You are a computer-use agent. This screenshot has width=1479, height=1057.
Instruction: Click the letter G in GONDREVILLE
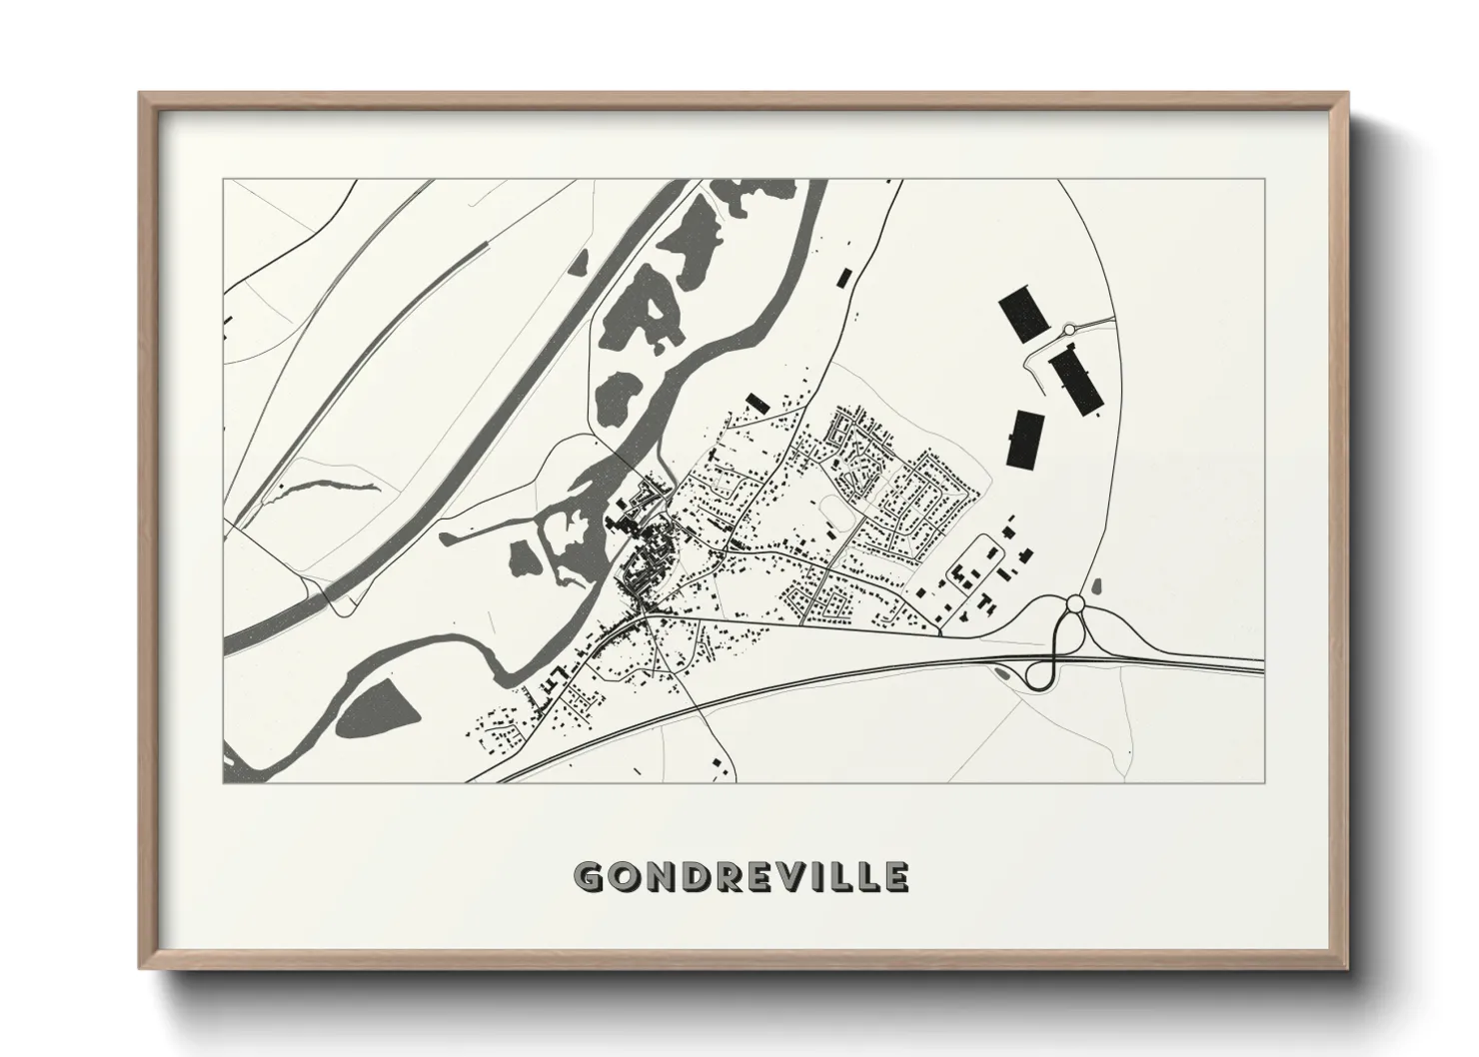pos(591,876)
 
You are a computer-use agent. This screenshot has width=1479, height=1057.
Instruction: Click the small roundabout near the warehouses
pos(1068,329)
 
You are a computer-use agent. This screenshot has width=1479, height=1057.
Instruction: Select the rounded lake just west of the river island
pos(522,557)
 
